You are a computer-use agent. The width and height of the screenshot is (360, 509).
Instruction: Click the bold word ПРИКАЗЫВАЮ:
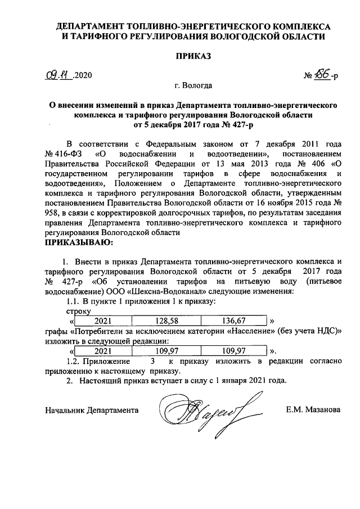point(79,242)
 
